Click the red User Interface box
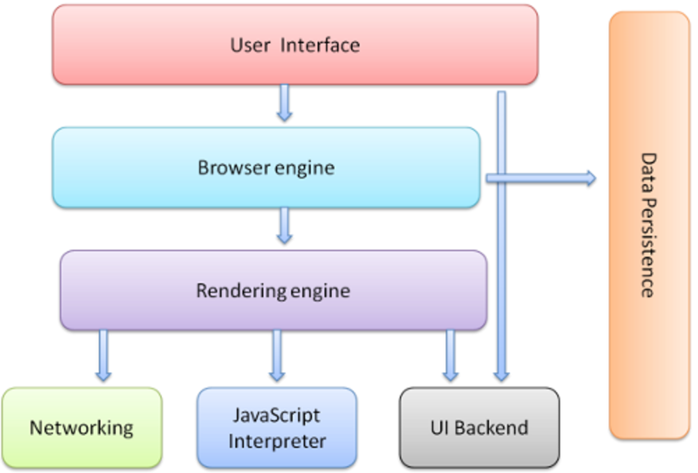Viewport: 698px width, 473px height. [295, 45]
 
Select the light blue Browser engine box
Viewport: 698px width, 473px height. [266, 167]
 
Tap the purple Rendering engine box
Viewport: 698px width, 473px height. [273, 290]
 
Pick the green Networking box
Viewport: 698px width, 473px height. [82, 427]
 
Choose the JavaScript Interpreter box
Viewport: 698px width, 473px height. [277, 427]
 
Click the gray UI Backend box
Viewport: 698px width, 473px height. [479, 427]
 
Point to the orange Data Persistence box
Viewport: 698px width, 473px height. [649, 225]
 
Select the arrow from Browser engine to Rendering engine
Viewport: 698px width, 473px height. [284, 225]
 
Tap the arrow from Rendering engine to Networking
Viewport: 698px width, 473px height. [103, 355]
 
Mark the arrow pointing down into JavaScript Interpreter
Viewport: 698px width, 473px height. [277, 355]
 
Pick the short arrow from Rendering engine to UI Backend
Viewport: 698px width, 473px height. [451, 355]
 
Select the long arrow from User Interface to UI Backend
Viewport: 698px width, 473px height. [502, 279]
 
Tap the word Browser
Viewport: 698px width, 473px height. [229, 168]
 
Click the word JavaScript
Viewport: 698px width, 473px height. [277, 416]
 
